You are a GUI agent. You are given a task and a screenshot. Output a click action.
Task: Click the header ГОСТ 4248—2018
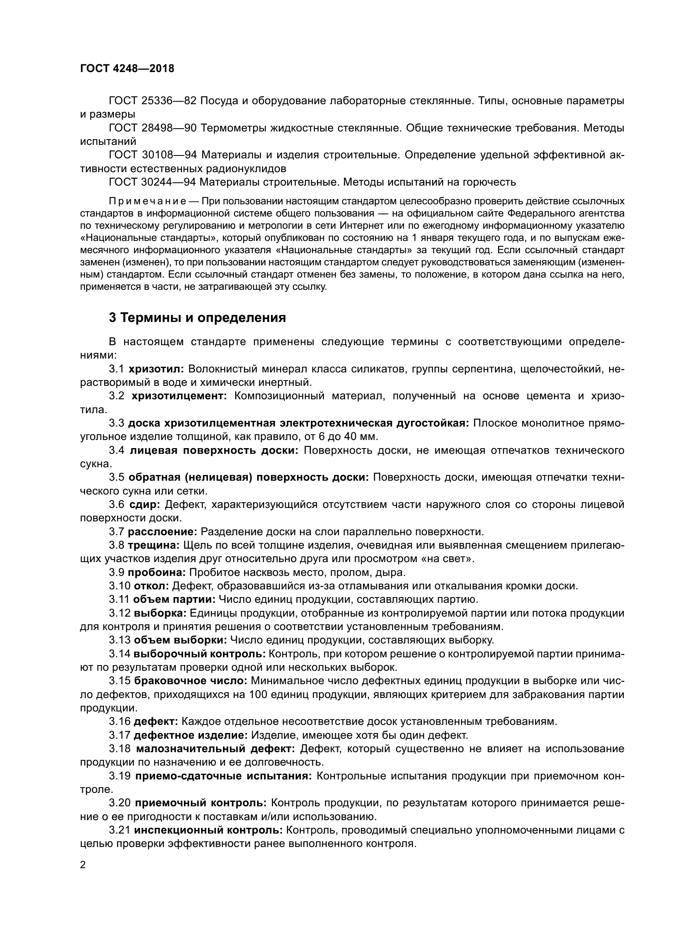pyautogui.click(x=127, y=68)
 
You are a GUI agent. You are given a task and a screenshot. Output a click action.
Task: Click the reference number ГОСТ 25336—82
pyautogui.click(x=152, y=101)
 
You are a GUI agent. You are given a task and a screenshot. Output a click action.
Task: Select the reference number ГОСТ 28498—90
pyautogui.click(x=152, y=128)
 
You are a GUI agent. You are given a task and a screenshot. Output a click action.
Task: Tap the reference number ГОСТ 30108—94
pyautogui.click(x=152, y=155)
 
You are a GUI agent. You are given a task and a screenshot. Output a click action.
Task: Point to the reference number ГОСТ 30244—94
pyautogui.click(x=152, y=182)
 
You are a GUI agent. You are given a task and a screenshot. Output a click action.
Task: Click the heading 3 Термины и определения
pyautogui.click(x=197, y=317)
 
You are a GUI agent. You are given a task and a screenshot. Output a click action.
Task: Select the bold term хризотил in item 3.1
pyautogui.click(x=156, y=369)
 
